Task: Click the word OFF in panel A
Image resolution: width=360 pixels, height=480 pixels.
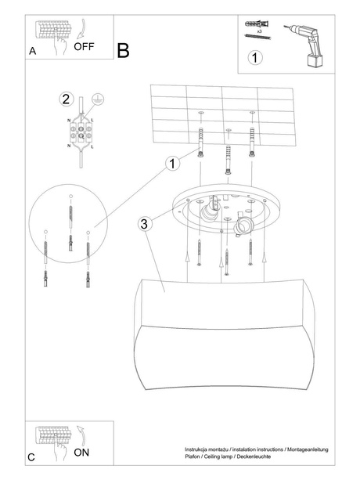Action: [x=84, y=46]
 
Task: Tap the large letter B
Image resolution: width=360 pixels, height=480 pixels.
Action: [x=123, y=51]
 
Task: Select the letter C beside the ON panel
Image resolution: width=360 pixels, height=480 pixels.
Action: [x=31, y=457]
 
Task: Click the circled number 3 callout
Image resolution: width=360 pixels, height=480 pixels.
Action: [x=144, y=224]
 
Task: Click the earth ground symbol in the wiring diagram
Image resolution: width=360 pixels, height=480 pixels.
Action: [x=98, y=100]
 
